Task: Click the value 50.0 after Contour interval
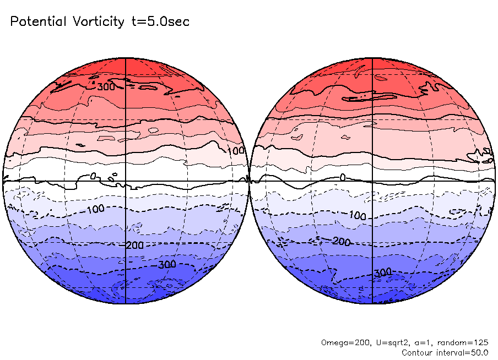tap(478, 352)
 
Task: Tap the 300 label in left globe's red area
tap(106, 86)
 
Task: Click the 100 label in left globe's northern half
tap(236, 151)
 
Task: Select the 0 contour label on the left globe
tap(93, 176)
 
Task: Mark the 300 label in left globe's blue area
tap(167, 264)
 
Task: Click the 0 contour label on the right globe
tap(342, 177)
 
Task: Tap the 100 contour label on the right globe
tap(358, 215)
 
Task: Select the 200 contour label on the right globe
tap(342, 242)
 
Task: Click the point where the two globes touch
tap(249, 181)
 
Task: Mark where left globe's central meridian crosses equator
tap(126, 181)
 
